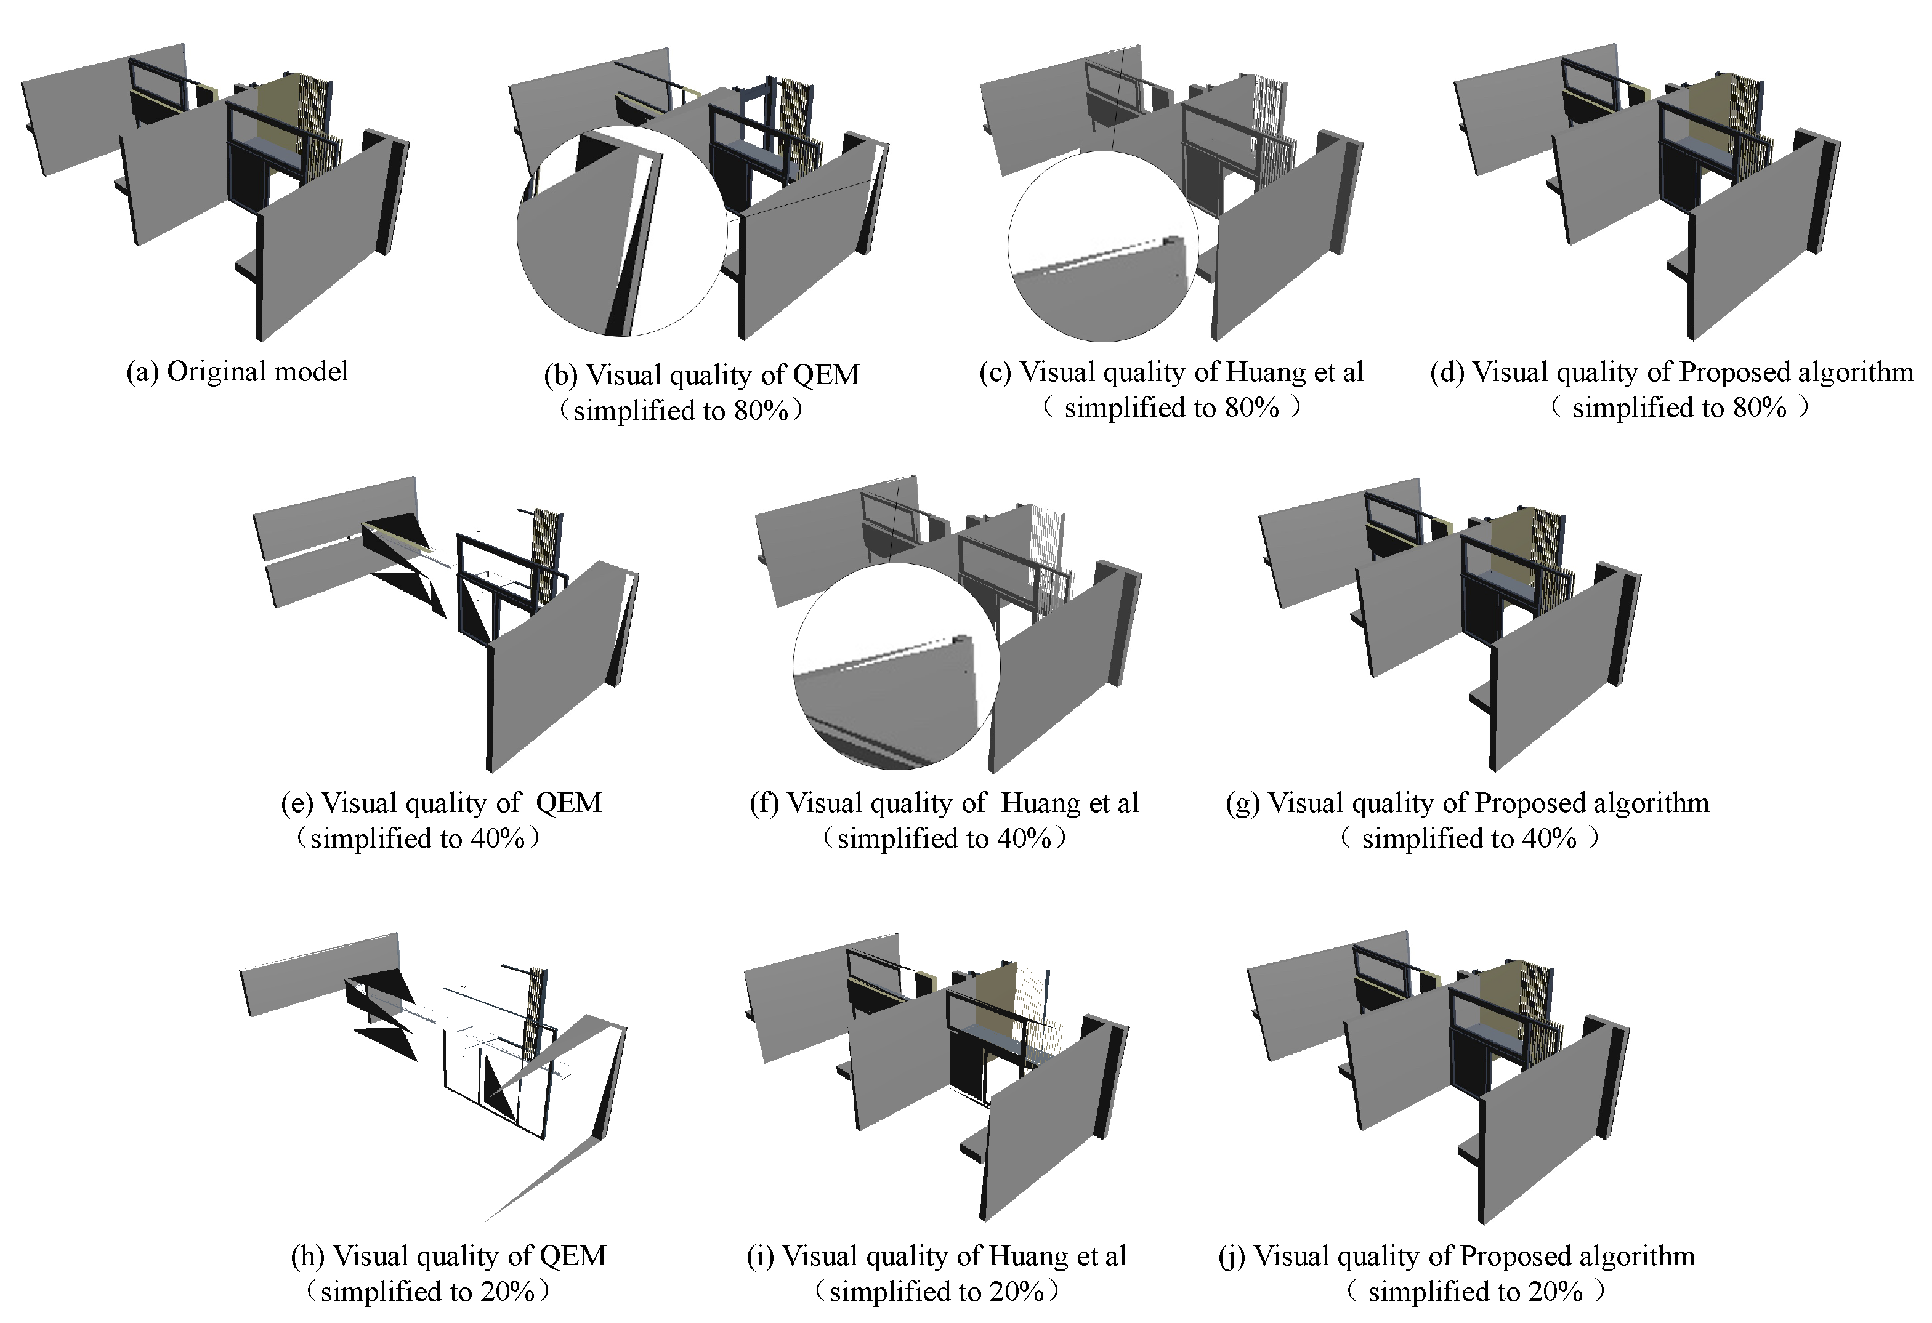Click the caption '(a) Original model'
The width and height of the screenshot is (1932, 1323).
(x=237, y=371)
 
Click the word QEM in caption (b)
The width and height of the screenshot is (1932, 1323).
(x=825, y=375)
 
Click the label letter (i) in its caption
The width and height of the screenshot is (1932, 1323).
(x=760, y=1256)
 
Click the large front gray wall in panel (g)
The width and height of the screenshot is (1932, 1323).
(x=1554, y=682)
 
